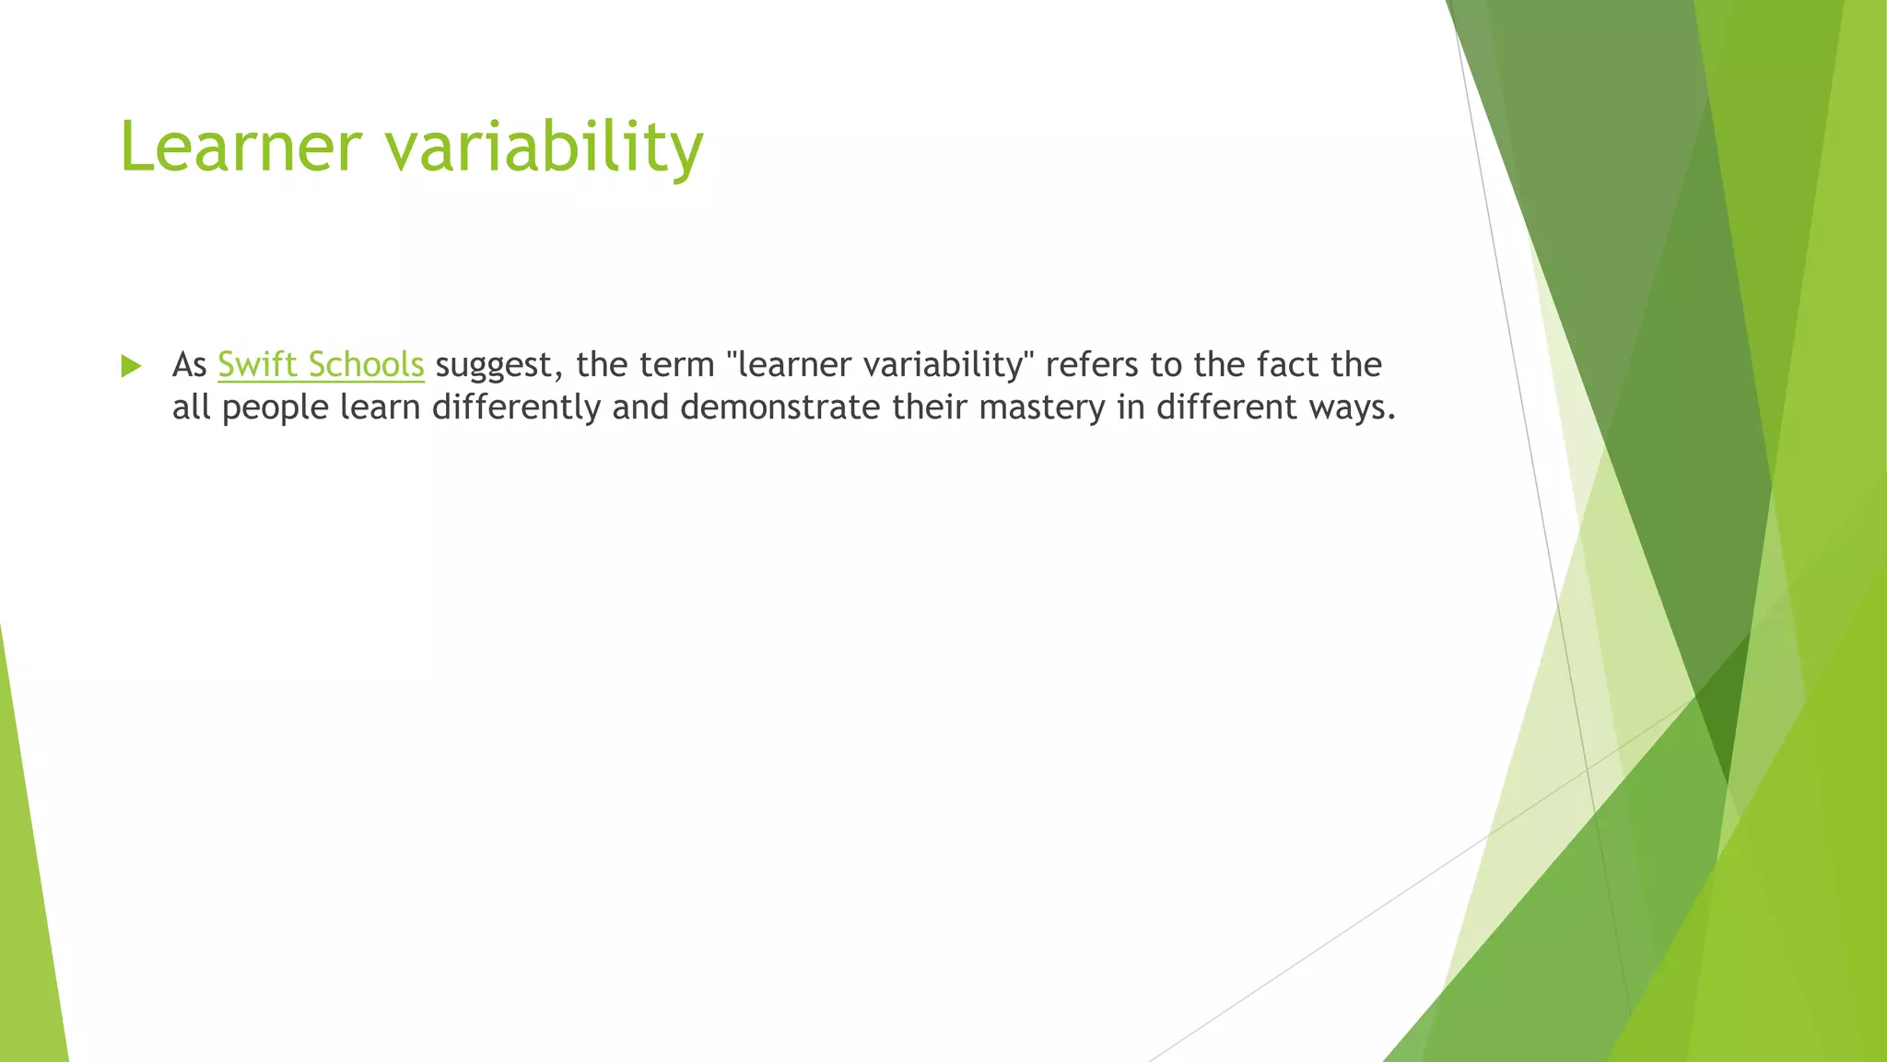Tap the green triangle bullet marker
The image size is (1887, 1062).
tap(131, 366)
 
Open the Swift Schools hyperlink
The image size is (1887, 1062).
tap(321, 365)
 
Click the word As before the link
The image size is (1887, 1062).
tap(189, 365)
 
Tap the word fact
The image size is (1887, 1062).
tap(1288, 365)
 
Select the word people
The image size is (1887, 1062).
tap(275, 407)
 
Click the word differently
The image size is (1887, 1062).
tap(516, 407)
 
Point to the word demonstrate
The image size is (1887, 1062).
tap(779, 407)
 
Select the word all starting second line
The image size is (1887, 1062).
tap(191, 407)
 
